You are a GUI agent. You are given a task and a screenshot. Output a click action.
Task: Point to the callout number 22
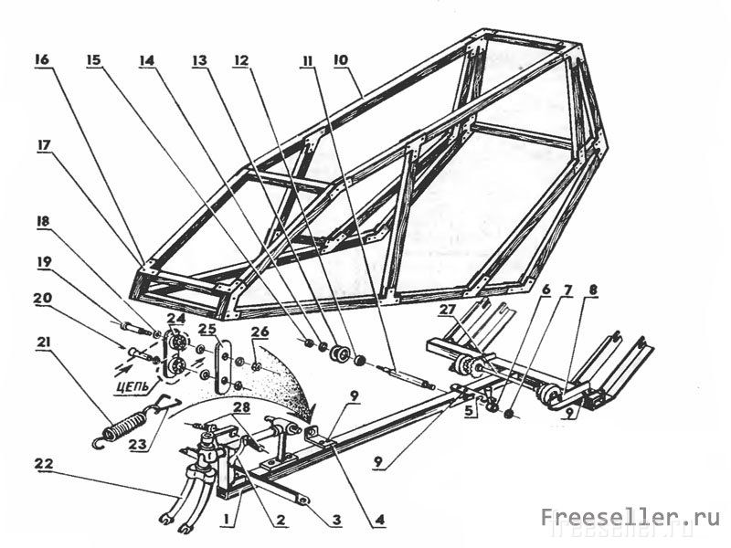[42, 464]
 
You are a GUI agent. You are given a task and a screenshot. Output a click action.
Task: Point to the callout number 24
[175, 320]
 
